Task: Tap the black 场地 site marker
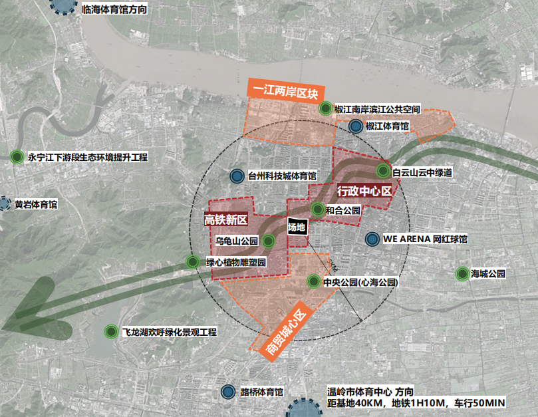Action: (297, 227)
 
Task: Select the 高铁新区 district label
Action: (225, 219)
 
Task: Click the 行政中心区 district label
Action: (363, 191)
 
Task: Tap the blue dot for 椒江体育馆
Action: (356, 126)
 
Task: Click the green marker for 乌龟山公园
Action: (268, 241)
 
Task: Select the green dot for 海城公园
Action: (461, 273)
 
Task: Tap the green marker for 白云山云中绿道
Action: (382, 172)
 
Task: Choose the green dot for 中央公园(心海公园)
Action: (313, 282)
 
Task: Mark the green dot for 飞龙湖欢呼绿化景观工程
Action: (110, 331)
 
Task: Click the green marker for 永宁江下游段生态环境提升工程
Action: (17, 158)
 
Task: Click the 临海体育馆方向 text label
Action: (114, 11)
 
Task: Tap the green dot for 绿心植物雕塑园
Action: (193, 262)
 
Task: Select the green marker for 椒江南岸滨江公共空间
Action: (325, 108)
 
